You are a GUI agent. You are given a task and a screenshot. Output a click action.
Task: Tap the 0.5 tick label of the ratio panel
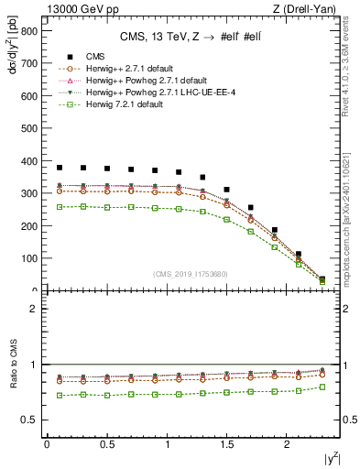coord(29,420)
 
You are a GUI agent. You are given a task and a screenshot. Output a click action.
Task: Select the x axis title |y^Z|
coord(330,460)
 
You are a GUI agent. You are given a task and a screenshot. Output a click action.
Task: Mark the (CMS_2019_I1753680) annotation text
coord(191,274)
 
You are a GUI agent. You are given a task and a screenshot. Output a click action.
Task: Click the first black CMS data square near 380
coord(60,168)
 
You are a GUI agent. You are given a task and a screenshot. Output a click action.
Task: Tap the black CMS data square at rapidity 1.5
coord(227,190)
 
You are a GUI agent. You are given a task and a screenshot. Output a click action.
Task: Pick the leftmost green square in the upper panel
coord(60,207)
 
